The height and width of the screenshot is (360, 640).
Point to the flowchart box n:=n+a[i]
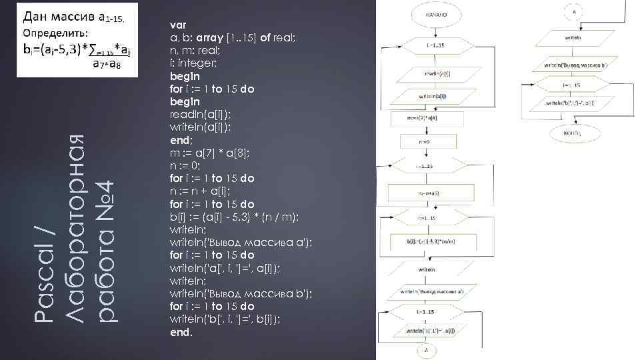click(428, 193)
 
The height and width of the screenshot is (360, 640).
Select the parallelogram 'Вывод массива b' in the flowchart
click(577, 66)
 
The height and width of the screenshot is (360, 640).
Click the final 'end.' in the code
click(181, 331)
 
